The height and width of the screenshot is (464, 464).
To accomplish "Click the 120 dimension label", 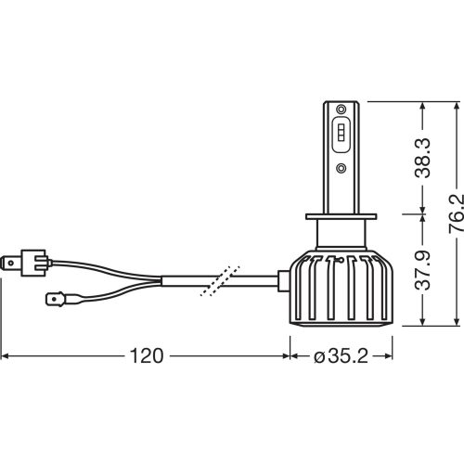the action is pyautogui.click(x=147, y=356).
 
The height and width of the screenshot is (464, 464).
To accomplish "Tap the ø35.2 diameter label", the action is pyautogui.click(x=341, y=356).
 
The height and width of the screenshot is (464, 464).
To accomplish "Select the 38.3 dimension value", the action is pyautogui.click(x=422, y=158).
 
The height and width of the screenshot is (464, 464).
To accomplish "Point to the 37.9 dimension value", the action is pyautogui.click(x=422, y=270).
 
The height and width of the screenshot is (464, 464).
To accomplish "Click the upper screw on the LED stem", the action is pyautogui.click(x=341, y=109).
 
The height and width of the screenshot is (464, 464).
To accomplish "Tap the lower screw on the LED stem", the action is pyautogui.click(x=341, y=167).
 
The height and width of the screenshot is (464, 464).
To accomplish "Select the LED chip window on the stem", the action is pyautogui.click(x=341, y=135).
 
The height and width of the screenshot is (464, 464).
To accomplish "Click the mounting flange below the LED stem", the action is pyautogui.click(x=341, y=216).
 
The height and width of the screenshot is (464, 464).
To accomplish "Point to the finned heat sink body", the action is pyautogui.click(x=341, y=289).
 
